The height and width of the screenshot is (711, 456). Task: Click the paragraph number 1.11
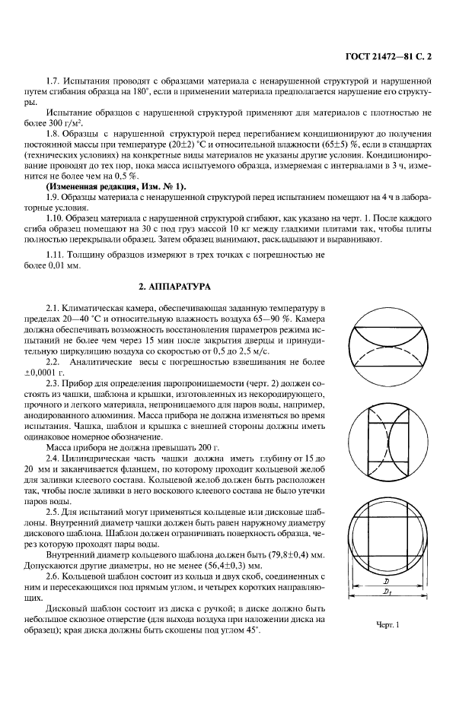[x=56, y=253]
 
